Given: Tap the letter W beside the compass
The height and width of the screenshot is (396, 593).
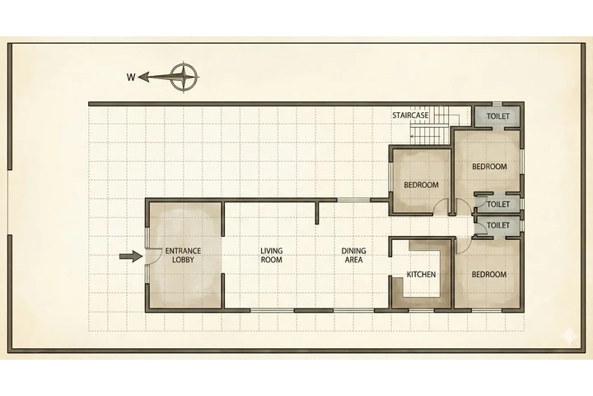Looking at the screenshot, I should click(131, 78).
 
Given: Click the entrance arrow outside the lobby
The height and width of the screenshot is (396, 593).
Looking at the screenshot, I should click(130, 257).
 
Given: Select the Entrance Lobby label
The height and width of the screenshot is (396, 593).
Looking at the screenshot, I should click(183, 255).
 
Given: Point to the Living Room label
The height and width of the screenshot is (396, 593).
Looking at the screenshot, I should click(272, 255).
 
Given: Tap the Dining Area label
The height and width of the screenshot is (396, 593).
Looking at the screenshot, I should click(354, 255).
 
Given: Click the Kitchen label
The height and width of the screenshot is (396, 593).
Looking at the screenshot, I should click(421, 275).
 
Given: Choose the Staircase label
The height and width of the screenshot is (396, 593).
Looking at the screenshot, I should click(410, 115).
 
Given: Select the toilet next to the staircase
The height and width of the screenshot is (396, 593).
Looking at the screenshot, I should click(497, 117).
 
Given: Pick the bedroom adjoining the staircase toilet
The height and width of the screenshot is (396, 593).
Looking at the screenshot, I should click(489, 167).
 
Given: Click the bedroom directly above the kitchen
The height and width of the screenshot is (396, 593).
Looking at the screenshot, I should click(420, 185).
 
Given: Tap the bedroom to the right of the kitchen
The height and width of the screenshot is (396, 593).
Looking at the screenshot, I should click(488, 275).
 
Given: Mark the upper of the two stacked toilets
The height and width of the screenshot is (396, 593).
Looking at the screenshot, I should click(497, 204).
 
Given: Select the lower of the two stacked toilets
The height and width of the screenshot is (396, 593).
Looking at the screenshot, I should click(497, 224).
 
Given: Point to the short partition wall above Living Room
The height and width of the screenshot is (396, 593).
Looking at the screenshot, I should click(316, 211).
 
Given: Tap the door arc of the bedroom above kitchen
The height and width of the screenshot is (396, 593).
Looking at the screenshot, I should click(443, 208).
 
